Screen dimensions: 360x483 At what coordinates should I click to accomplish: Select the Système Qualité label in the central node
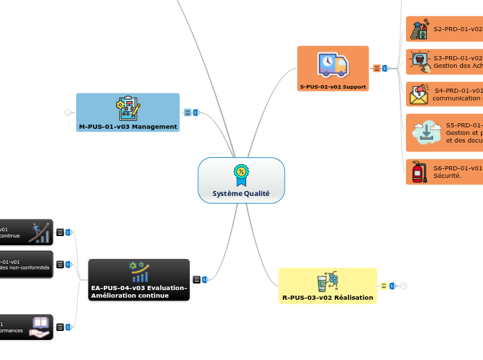click(241, 194)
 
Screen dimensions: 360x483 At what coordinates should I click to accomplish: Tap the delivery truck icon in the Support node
click(333, 64)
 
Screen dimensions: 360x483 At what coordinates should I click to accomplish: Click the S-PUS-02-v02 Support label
click(333, 87)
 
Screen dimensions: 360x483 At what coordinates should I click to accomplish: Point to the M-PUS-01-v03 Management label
click(128, 127)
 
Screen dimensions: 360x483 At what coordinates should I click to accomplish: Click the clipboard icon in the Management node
click(128, 108)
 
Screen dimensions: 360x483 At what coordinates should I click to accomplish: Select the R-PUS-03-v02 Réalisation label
click(327, 298)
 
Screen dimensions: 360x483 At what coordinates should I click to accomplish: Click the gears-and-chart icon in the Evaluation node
click(139, 271)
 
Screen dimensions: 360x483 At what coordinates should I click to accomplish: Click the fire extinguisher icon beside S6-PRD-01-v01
click(419, 172)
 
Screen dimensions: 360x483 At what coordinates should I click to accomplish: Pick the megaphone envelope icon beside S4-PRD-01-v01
click(419, 93)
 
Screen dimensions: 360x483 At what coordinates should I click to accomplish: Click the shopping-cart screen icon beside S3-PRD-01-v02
click(419, 62)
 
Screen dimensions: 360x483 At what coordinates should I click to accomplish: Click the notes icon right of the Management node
click(188, 112)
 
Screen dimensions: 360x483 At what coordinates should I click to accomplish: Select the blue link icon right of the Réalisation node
click(392, 285)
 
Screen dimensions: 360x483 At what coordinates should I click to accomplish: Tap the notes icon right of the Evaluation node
click(197, 279)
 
